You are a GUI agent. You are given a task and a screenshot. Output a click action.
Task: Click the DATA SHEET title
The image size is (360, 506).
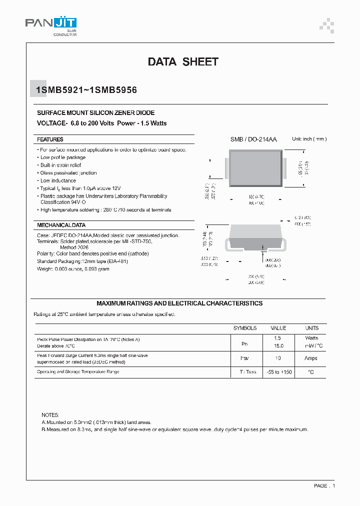pyautogui.click(x=183, y=62)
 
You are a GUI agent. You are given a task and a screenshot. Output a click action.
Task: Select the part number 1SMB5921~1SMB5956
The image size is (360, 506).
pyautogui.click(x=86, y=90)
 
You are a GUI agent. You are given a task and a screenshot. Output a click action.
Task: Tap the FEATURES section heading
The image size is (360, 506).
pyautogui.click(x=50, y=139)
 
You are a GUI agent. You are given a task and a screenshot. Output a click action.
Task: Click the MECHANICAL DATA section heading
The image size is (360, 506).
pyautogui.click(x=61, y=225)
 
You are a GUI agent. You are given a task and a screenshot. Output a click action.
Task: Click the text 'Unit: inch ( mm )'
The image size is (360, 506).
pyautogui.click(x=309, y=139)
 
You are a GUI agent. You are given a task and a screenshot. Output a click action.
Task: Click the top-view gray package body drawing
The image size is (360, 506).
pyautogui.click(x=256, y=169)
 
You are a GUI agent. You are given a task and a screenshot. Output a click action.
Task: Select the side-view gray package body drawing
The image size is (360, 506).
pyautogui.click(x=256, y=237)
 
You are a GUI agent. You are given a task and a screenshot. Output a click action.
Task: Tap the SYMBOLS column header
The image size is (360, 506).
pyautogui.click(x=245, y=328)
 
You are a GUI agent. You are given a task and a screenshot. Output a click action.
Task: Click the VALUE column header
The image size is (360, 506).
pyautogui.click(x=278, y=328)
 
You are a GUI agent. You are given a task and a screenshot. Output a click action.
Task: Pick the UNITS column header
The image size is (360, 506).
pyautogui.click(x=311, y=328)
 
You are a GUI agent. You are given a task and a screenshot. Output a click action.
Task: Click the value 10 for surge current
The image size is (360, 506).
pyautogui.click(x=278, y=358)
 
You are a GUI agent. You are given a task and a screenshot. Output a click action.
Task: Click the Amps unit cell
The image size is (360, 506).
pyautogui.click(x=311, y=358)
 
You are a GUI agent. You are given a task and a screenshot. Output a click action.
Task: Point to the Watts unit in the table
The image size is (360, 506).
pyautogui.click(x=311, y=338)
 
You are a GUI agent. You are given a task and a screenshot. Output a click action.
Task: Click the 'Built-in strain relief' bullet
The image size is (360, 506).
pyautogui.click(x=60, y=165)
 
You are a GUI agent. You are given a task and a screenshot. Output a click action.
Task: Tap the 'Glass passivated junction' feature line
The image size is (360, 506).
pyautogui.click(x=68, y=173)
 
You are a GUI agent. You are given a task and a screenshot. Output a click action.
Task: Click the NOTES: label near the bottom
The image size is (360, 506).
pyautogui.click(x=50, y=415)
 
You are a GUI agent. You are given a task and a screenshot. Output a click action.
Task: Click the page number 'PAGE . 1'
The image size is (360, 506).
pyautogui.click(x=324, y=485)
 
